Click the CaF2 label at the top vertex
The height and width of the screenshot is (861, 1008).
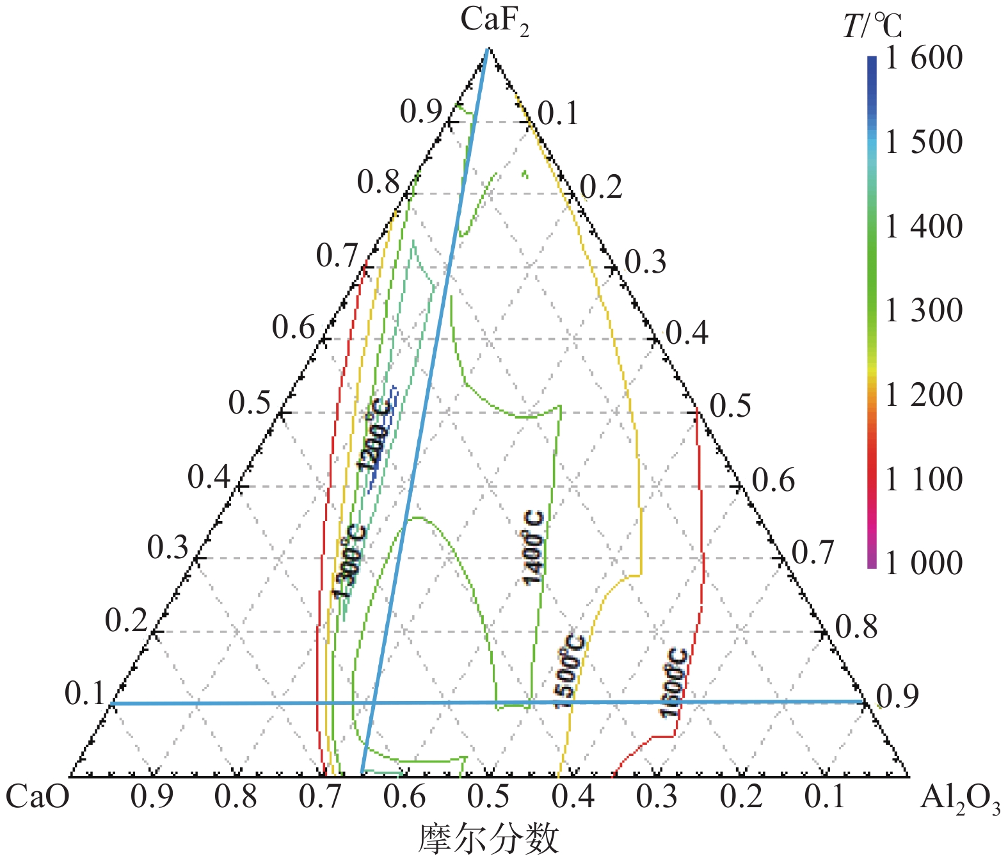tap(494, 20)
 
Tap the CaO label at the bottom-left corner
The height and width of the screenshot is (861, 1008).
tap(37, 797)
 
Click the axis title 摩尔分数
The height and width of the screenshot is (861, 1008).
tap(488, 839)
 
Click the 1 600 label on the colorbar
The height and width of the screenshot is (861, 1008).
tap(924, 58)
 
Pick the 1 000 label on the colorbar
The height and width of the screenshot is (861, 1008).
tap(924, 563)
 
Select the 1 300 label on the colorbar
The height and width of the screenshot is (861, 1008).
tap(924, 310)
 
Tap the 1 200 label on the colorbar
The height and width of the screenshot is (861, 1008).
tap(924, 395)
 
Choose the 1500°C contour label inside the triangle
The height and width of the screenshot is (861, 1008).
tap(569, 671)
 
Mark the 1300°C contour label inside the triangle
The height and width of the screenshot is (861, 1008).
tap(351, 562)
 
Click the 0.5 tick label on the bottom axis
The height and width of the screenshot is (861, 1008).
tap(488, 797)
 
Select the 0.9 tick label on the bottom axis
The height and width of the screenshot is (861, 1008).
tap(152, 797)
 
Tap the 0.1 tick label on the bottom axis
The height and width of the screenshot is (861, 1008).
tap(826, 797)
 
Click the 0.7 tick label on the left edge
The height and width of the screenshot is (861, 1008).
tap(337, 257)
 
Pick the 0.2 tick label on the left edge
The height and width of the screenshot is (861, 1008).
tap(126, 621)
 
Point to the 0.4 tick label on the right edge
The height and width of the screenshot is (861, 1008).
tap(687, 334)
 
